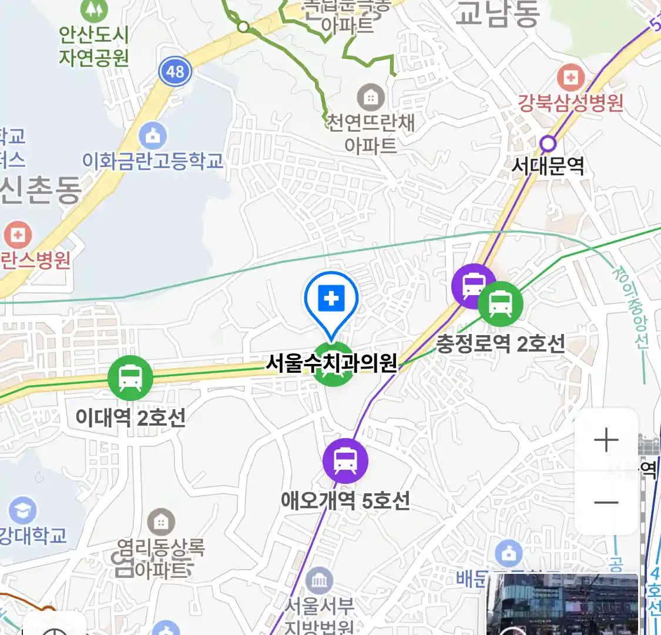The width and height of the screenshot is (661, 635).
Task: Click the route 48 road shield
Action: (x=175, y=72)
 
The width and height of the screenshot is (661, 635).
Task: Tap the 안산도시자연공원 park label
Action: (x=93, y=46)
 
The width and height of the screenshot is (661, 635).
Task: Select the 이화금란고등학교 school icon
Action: (x=153, y=136)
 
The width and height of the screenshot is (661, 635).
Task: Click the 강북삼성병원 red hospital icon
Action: (x=571, y=77)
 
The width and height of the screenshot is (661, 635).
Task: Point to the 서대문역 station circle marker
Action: (x=548, y=143)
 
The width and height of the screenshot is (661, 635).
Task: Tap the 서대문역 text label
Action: (x=548, y=166)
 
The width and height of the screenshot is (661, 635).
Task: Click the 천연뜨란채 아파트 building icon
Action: (x=371, y=97)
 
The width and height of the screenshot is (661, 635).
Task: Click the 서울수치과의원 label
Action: (x=331, y=363)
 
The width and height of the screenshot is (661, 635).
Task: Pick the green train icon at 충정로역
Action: (x=500, y=304)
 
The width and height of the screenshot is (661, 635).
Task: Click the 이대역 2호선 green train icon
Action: (x=130, y=378)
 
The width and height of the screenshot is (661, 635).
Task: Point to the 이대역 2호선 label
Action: (x=130, y=418)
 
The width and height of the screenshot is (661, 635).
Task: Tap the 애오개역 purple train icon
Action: (x=345, y=461)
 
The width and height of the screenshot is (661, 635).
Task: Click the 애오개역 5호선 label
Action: (x=345, y=501)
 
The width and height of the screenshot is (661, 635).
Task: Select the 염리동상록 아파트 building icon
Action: (x=160, y=522)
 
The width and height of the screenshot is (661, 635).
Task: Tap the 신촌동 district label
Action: (x=41, y=189)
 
